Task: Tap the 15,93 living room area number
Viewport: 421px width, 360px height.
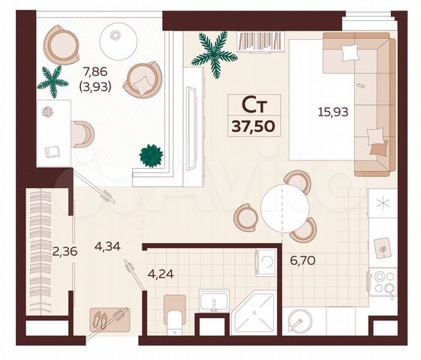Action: pyautogui.click(x=333, y=112)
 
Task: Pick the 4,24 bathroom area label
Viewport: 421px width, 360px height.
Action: pyautogui.click(x=161, y=273)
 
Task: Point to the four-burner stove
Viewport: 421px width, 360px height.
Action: pyautogui.click(x=383, y=281)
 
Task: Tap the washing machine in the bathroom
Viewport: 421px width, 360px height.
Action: pyautogui.click(x=266, y=262)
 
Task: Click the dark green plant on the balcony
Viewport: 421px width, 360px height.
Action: pyautogui.click(x=151, y=154)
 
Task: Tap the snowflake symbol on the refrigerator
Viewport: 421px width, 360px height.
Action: pyautogui.click(x=383, y=203)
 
